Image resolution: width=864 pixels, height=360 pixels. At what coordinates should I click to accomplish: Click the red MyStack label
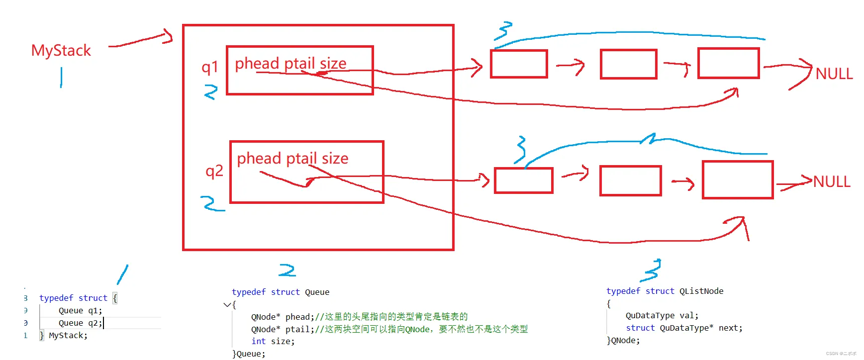61,51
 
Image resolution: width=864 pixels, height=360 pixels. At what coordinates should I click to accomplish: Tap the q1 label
210,67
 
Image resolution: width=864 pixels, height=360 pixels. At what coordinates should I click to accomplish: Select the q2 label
214,171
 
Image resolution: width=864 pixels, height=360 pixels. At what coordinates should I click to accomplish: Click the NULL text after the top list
834,74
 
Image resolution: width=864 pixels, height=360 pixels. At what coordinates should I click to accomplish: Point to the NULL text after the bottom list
832,182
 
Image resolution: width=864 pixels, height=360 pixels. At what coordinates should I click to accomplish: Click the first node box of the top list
519,64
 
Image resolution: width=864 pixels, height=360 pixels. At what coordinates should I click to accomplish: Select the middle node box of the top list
629,64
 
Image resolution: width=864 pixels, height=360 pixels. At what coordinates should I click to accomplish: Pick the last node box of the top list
729,63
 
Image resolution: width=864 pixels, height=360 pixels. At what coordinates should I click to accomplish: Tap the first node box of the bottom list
524,180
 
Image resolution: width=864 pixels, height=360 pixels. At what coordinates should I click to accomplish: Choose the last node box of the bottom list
738,180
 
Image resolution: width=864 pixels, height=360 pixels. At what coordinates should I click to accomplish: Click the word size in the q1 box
333,64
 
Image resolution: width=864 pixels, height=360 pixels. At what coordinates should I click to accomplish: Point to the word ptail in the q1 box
299,64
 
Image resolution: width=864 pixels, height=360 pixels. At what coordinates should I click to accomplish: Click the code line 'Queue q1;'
80,311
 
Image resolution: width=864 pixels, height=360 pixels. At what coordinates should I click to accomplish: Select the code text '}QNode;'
623,341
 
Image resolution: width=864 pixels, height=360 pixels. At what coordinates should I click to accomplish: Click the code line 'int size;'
273,342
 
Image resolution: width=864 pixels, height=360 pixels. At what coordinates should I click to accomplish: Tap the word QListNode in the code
701,291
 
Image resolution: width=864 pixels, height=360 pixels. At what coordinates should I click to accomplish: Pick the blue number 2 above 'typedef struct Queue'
287,270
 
